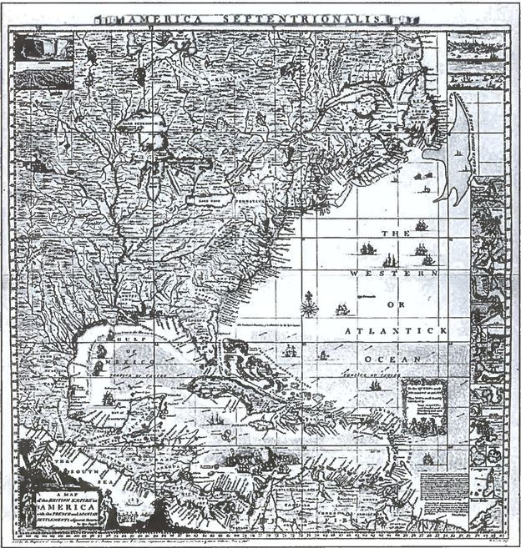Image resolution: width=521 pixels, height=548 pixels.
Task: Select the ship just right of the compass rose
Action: coord(341,309)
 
